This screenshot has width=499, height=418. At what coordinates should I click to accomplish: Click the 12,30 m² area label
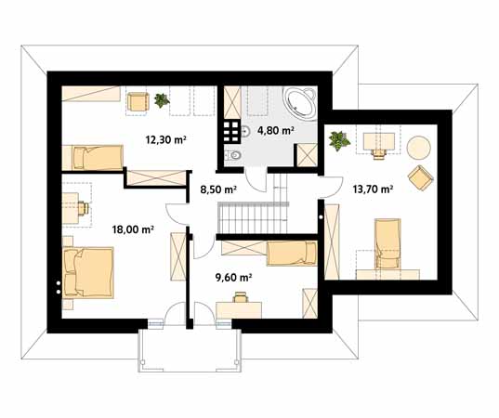click(165, 139)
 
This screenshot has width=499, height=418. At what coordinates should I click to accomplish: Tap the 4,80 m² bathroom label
click(276, 130)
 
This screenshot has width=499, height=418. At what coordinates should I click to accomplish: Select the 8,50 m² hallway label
click(218, 189)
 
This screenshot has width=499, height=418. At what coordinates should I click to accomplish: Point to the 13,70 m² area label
click(373, 189)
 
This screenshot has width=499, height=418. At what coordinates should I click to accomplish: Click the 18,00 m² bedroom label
click(133, 229)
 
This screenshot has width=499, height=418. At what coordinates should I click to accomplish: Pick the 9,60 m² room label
click(234, 278)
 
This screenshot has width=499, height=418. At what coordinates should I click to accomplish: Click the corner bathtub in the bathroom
click(300, 103)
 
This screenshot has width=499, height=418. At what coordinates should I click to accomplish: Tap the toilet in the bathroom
click(233, 155)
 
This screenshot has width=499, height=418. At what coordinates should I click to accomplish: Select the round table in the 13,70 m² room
click(419, 148)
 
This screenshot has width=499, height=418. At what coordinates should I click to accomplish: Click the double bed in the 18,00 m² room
click(88, 273)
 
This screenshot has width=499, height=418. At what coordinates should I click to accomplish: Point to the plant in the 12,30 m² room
click(162, 100)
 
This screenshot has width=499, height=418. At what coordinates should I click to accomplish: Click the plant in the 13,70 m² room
click(339, 140)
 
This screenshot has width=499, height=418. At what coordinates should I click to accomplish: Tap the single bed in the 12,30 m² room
click(92, 158)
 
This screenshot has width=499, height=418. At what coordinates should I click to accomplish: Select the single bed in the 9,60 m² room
click(292, 254)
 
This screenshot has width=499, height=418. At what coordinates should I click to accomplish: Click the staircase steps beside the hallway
click(253, 218)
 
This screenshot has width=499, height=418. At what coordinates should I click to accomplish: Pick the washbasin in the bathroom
click(246, 131)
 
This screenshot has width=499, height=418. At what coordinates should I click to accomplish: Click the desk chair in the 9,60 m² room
click(241, 297)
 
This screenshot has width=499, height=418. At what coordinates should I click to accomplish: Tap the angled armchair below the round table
click(421, 178)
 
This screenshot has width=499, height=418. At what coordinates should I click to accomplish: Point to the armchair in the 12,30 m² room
click(138, 102)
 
